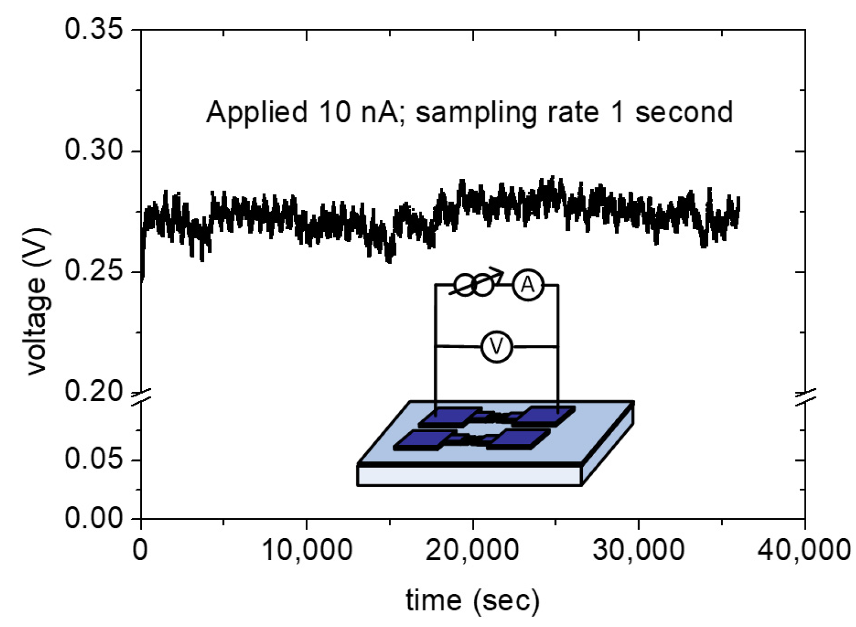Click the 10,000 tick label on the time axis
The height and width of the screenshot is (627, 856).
click(x=307, y=550)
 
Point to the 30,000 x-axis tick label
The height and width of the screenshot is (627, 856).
click(x=638, y=550)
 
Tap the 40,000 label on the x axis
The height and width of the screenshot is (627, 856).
click(x=804, y=550)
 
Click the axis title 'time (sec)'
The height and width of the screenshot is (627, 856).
click(x=472, y=601)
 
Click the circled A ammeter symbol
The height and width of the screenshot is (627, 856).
click(x=528, y=285)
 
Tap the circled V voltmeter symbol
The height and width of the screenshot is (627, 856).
click(x=497, y=347)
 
